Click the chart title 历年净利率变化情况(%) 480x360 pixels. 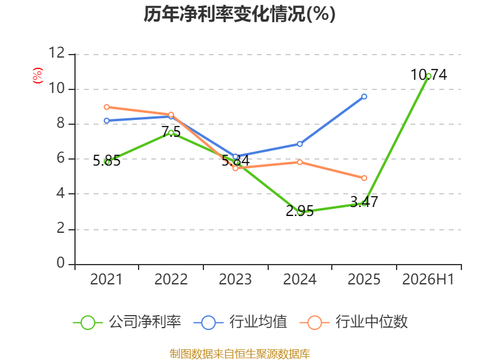click(x=239, y=14)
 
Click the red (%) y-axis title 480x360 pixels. click(x=38, y=76)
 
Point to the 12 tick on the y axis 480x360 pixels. click(x=56, y=53)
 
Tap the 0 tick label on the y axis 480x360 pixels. click(x=61, y=263)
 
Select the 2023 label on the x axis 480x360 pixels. click(x=235, y=279)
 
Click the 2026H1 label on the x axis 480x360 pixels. click(x=428, y=279)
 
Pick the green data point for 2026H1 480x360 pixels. click(x=428, y=76)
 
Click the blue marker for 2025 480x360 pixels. click(x=364, y=97)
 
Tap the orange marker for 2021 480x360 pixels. click(x=107, y=107)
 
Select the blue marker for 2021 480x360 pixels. click(x=107, y=121)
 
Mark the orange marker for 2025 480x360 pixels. click(x=364, y=178)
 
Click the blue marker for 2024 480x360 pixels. click(x=299, y=144)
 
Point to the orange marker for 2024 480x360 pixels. click(x=299, y=162)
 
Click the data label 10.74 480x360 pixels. click(x=428, y=75)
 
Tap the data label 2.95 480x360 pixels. click(x=299, y=211)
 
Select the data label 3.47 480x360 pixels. click(x=364, y=202)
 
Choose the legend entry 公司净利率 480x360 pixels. click(x=127, y=322)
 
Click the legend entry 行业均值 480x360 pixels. click(x=241, y=322)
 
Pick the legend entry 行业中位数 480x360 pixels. click(x=353, y=322)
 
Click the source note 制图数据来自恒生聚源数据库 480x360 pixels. click(x=240, y=354)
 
